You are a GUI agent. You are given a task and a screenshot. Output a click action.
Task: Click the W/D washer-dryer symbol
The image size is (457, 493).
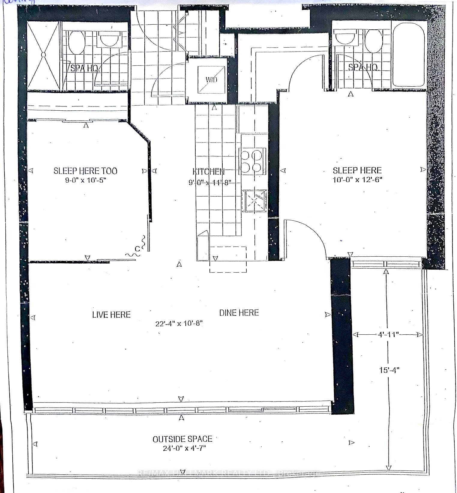point(211,79)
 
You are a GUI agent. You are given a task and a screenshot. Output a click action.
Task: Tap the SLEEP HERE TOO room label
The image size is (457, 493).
point(85,171)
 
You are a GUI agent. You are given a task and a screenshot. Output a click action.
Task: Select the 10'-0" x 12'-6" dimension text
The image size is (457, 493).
point(357,180)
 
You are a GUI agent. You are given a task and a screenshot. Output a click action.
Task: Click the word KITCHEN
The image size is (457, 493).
point(208,172)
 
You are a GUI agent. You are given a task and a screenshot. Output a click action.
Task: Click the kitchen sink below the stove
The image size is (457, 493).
point(254,201)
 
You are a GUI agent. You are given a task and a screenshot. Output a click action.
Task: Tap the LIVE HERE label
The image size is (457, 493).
point(111,315)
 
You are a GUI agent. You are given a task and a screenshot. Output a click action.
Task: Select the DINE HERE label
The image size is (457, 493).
point(239,313)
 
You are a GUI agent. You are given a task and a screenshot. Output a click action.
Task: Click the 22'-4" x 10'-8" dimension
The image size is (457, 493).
point(179,324)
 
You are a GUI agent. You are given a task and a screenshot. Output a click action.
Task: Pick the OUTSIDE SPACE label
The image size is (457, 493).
point(182,439)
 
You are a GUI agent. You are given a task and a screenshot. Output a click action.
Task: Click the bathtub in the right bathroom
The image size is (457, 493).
point(408,54)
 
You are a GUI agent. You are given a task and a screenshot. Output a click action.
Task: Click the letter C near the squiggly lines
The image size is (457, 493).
point(137,249)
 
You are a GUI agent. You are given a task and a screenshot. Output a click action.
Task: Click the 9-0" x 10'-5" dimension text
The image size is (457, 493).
point(85,180)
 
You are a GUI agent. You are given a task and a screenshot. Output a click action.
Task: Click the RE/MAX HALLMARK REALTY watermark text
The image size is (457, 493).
point(228,474)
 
